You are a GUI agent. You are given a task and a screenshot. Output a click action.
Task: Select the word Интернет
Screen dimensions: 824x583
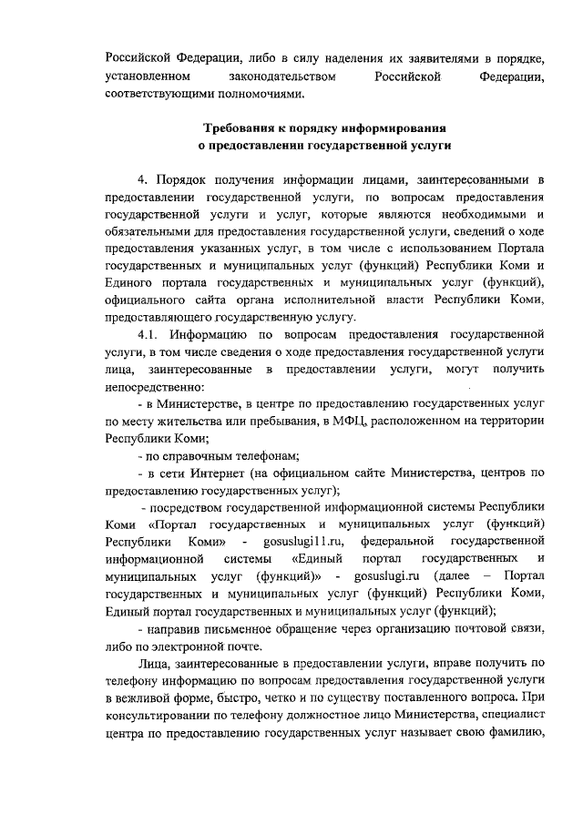(x=218, y=473)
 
